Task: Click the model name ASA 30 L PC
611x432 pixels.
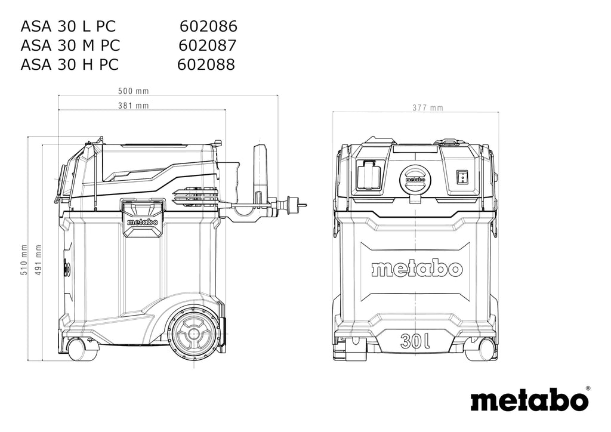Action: click(68, 26)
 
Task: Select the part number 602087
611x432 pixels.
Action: click(208, 45)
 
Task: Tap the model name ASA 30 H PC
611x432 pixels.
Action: click(69, 64)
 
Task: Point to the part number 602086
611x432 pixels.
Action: click(208, 26)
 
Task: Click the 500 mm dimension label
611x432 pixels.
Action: click(133, 91)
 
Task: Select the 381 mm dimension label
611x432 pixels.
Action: click(133, 106)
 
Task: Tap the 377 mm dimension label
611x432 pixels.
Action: click(428, 108)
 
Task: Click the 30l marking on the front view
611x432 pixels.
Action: click(415, 341)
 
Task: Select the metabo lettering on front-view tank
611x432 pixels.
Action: click(416, 269)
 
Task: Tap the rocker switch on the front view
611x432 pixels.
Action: click(462, 176)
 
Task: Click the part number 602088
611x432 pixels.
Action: click(206, 64)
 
